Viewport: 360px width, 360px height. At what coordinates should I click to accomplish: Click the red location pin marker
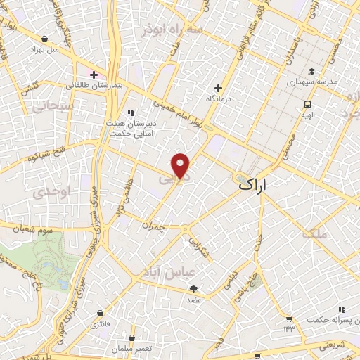(181, 165)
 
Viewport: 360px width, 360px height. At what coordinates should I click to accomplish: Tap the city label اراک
(254, 185)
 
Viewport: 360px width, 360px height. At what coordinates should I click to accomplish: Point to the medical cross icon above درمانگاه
(218, 89)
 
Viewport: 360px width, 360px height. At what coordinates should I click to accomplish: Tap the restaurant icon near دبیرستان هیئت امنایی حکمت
(130, 112)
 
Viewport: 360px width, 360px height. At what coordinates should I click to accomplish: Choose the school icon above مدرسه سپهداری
(311, 71)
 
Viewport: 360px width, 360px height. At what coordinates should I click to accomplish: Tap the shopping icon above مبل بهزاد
(45, 39)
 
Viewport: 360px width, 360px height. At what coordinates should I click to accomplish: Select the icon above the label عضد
(193, 289)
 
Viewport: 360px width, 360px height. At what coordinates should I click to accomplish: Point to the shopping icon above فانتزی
(100, 313)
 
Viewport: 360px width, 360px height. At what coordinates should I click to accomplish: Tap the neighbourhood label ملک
(315, 233)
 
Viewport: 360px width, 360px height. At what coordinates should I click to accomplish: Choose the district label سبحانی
(48, 105)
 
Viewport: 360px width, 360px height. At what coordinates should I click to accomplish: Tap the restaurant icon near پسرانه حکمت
(342, 309)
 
